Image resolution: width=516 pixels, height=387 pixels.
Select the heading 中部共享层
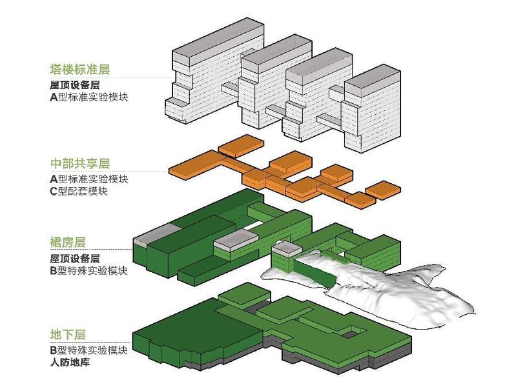(78, 164)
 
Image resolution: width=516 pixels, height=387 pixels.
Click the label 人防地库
(72, 362)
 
